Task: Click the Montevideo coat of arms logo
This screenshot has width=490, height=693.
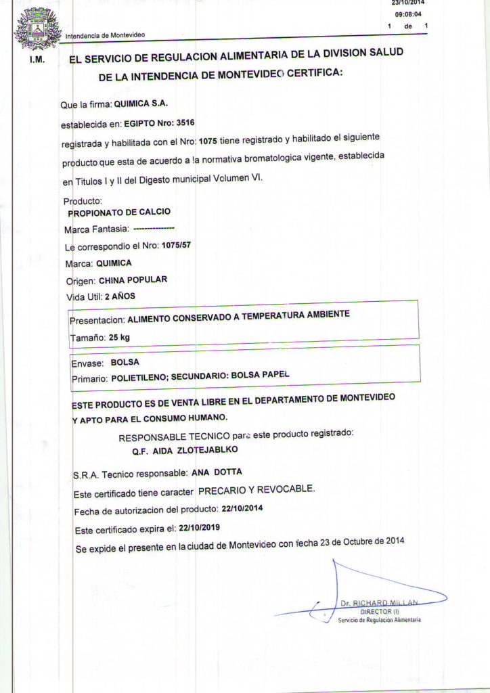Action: point(37,28)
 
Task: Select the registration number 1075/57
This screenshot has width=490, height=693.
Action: point(173,246)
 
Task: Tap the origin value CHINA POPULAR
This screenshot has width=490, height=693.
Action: point(133,280)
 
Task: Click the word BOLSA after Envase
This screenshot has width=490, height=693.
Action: point(125,362)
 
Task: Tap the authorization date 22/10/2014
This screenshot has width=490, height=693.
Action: point(242,508)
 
